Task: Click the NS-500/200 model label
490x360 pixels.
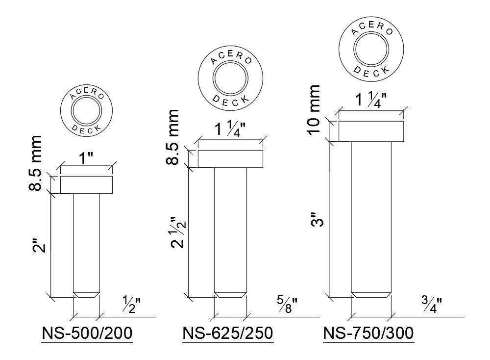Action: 87,333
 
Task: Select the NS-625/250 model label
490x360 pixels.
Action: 228,333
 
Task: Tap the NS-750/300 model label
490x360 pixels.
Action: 368,333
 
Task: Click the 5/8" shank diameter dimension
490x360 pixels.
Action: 287,304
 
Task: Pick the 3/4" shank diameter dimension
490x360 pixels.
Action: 432,305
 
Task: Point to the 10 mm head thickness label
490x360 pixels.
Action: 314,110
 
